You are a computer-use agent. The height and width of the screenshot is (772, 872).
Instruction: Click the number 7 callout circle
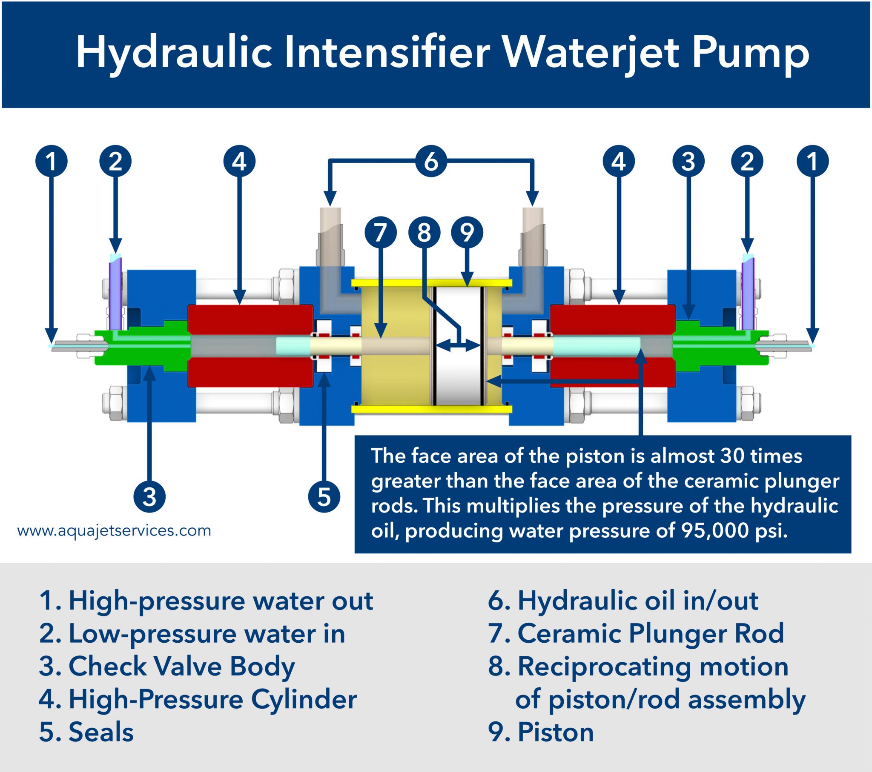[381, 232]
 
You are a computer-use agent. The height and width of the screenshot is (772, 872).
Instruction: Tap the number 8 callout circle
[424, 232]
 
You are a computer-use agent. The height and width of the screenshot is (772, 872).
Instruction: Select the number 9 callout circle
[467, 232]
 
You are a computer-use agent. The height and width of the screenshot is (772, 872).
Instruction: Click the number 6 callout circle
[431, 161]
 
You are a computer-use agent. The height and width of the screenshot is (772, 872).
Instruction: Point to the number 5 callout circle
[324, 497]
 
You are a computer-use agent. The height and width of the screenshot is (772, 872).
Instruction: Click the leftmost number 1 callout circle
[51, 161]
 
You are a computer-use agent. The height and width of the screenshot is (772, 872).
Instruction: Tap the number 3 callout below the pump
[149, 497]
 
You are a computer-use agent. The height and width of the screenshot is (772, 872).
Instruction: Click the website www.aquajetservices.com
[114, 531]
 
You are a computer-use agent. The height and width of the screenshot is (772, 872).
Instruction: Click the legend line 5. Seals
[86, 732]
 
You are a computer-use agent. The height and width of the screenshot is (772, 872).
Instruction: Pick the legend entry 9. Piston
[540, 732]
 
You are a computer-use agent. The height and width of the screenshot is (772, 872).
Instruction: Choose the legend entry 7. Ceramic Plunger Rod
[636, 633]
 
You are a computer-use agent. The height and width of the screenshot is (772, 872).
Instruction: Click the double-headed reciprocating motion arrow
[459, 345]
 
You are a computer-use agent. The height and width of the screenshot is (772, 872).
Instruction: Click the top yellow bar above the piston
[431, 282]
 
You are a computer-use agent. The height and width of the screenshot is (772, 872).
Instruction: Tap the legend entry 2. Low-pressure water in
[192, 633]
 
